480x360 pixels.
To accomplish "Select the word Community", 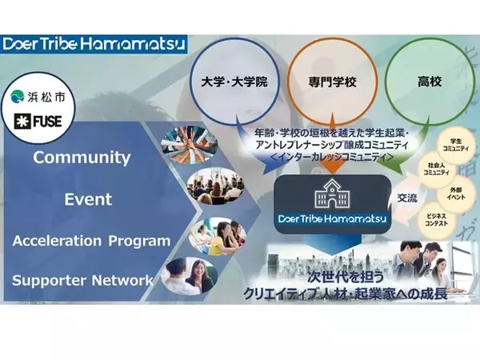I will [x=82, y=158].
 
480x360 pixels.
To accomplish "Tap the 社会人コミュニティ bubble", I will [x=436, y=169].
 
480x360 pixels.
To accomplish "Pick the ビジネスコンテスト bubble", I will [x=437, y=221].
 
